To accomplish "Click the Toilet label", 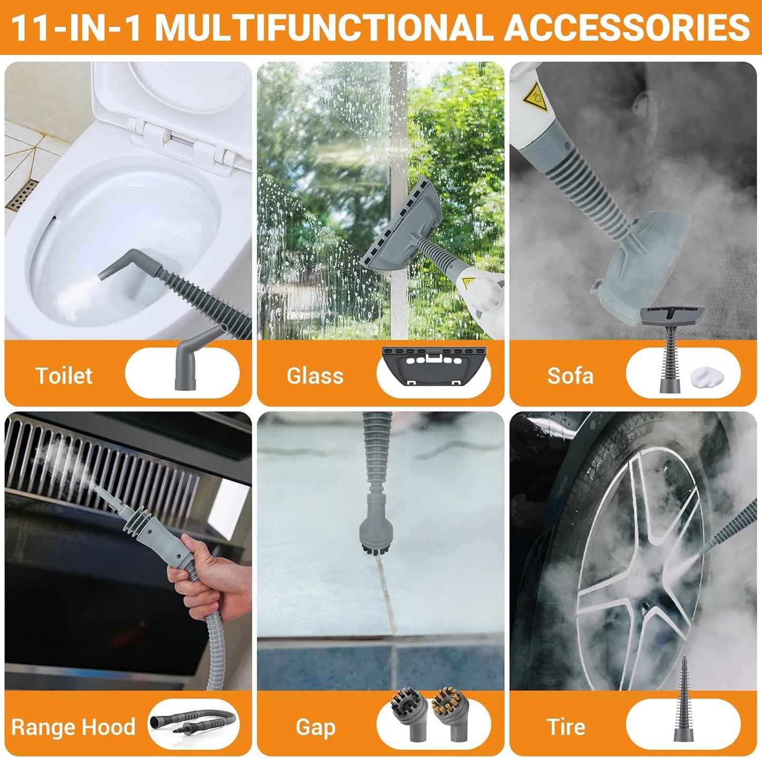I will click(x=63, y=376).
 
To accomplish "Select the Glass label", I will click(x=315, y=376).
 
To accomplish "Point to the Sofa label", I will click(x=570, y=376).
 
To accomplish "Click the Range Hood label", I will click(x=73, y=727).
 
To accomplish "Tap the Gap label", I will click(x=315, y=727).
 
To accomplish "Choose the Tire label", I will click(x=566, y=727).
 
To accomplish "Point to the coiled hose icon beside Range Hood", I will click(x=192, y=723).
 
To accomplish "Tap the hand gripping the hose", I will click(x=211, y=575).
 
